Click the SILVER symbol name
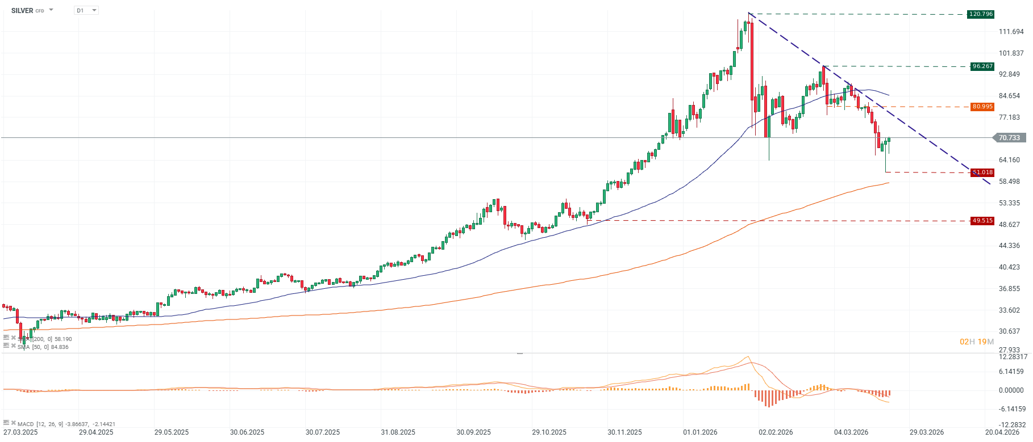point(22,11)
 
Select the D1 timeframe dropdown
point(86,11)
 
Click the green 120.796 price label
point(981,14)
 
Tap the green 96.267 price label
point(982,66)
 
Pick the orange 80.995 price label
point(982,107)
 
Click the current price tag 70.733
point(1009,138)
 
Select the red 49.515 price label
point(982,221)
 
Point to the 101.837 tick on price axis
point(1011,53)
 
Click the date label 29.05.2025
point(172,432)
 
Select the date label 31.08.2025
point(398,432)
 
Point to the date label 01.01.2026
point(700,432)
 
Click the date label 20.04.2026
point(1002,432)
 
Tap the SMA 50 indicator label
point(43,347)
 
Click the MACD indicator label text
point(66,424)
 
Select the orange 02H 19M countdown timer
point(977,342)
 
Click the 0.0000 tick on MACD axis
point(1011,390)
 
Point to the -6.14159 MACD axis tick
point(1012,409)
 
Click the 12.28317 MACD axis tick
point(1013,357)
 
